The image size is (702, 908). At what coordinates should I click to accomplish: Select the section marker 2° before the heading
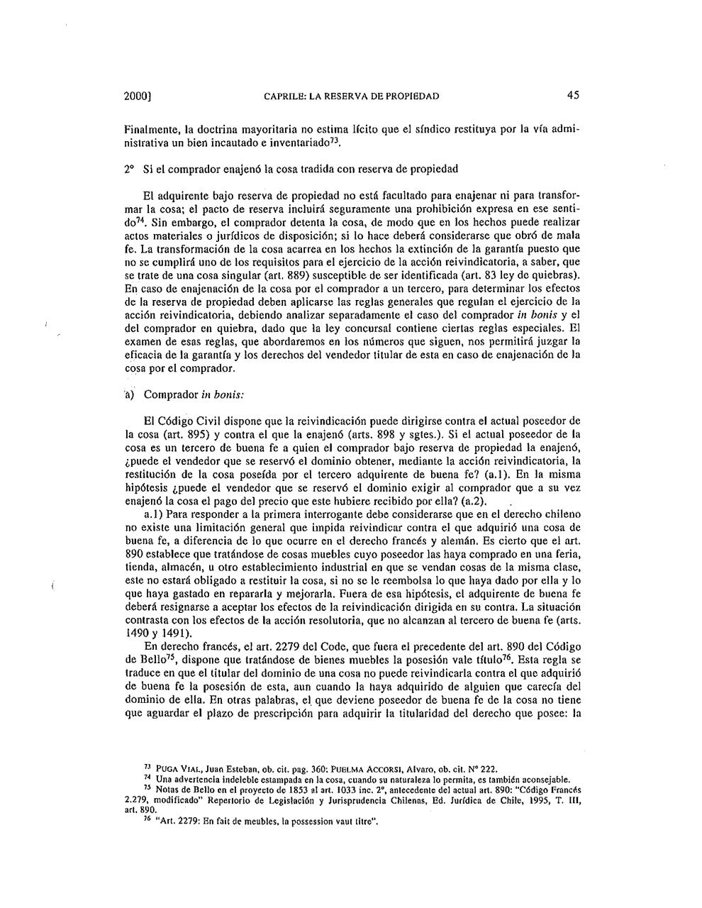(128, 169)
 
